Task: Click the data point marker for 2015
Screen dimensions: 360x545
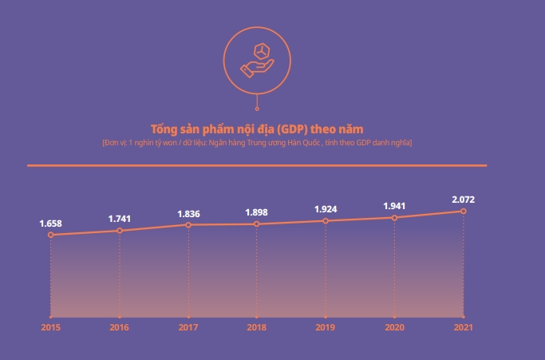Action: click(50, 235)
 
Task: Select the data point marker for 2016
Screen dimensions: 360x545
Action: click(120, 231)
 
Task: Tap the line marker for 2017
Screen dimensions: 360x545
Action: click(188, 225)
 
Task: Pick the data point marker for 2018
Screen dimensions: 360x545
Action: click(257, 224)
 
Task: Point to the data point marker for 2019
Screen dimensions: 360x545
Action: click(326, 220)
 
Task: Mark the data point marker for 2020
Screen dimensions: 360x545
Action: click(394, 217)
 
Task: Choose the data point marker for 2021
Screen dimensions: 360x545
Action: click(463, 211)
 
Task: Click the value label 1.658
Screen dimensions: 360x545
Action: click(51, 223)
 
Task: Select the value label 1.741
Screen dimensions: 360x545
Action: click(120, 218)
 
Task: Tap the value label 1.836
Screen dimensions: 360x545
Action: click(188, 213)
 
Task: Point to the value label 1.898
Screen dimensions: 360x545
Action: click(257, 212)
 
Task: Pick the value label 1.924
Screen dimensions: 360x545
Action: click(326, 209)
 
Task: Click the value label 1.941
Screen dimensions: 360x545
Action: click(394, 205)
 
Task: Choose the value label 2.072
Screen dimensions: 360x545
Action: click(463, 199)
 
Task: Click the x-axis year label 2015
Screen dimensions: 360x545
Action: click(50, 327)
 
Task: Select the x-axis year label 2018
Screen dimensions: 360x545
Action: click(257, 327)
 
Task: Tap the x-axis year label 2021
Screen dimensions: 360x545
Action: click(463, 327)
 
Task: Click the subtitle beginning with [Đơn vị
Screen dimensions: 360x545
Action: click(257, 142)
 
